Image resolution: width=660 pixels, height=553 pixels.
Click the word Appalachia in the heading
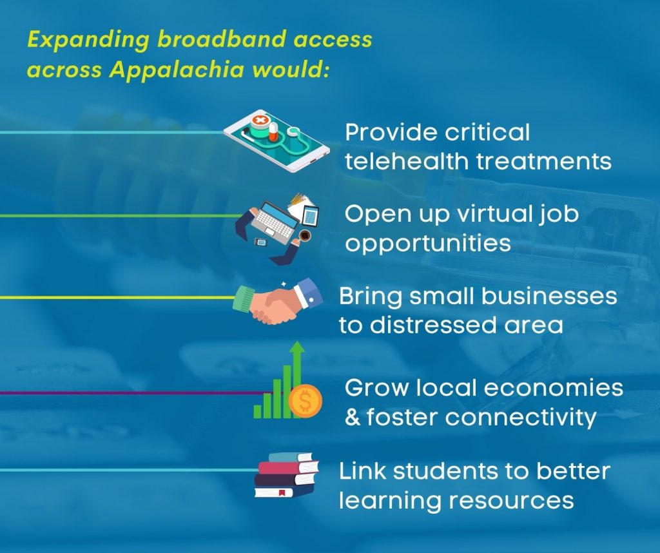177,70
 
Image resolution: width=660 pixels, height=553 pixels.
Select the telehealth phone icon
277,141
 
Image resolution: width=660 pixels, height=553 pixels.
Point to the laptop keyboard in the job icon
275,221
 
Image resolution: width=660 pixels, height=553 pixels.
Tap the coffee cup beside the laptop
305,235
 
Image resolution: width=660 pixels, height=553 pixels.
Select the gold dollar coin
305,401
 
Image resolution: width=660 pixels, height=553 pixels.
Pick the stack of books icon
286,475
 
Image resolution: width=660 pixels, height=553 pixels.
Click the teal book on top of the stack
291,458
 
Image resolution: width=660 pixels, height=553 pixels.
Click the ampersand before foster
353,417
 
